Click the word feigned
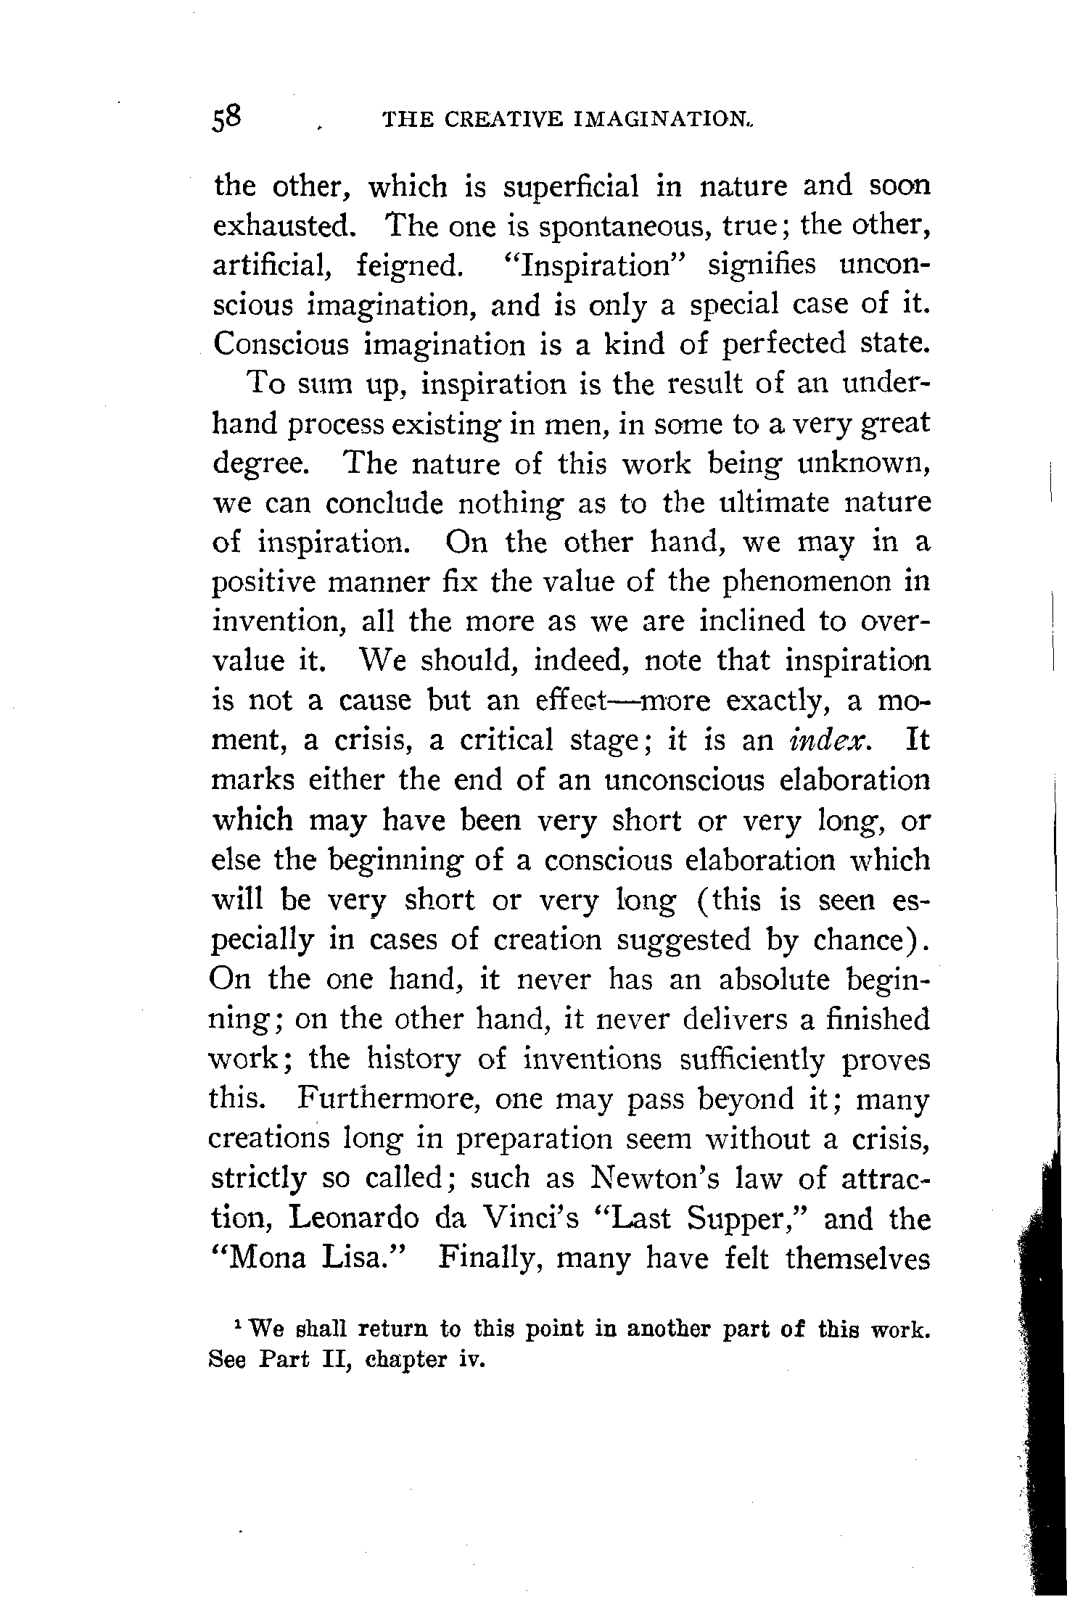(x=410, y=267)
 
